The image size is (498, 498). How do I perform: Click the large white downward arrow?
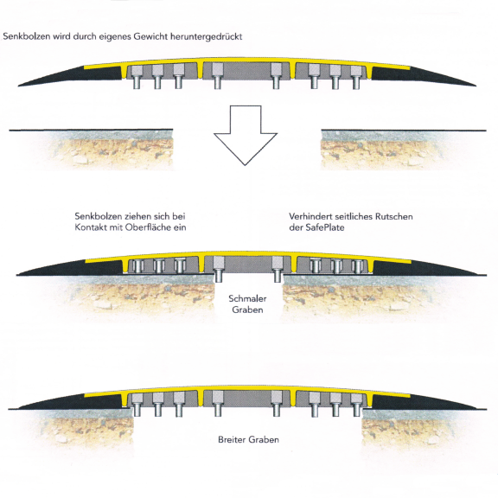(246, 135)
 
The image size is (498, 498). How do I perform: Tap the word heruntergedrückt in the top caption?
(206, 36)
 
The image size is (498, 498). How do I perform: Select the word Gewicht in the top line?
(150, 36)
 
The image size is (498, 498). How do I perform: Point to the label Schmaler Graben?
(247, 304)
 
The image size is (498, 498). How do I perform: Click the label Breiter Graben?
(248, 439)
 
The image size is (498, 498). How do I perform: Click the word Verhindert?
(310, 217)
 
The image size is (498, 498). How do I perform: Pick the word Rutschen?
(394, 217)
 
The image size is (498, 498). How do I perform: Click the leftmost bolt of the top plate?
(137, 77)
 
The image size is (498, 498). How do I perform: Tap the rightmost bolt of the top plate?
(356, 77)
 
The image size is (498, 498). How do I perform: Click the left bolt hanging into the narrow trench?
(218, 270)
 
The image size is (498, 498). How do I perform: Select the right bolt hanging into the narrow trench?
(278, 270)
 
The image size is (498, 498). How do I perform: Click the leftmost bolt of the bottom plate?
(137, 405)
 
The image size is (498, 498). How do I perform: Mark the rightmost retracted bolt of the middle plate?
(358, 266)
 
